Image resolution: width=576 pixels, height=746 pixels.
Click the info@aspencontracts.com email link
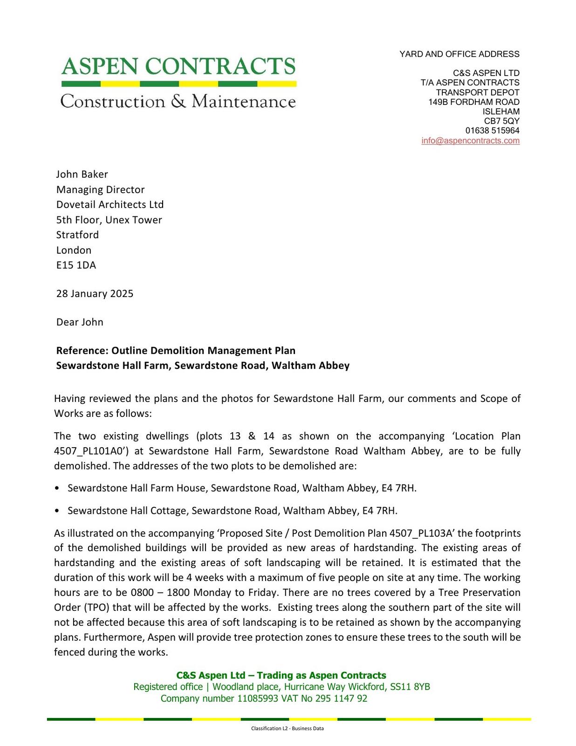470,141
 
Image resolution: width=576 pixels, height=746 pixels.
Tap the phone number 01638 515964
492,131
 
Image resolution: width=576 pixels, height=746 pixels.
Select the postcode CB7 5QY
501,121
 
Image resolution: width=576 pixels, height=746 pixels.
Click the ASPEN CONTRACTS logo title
178,67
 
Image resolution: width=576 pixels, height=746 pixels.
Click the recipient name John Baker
82,174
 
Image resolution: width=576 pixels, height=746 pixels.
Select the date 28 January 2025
95,294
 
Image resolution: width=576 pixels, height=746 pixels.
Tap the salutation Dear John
80,322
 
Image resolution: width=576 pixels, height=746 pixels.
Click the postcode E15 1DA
76,265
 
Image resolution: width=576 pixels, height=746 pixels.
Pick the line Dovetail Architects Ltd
110,205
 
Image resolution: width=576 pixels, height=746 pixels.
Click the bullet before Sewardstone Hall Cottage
57,511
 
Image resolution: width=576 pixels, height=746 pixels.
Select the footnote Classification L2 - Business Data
287,728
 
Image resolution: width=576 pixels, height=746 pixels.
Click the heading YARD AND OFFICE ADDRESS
459,54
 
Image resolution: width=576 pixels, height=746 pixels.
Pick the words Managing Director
100,190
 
